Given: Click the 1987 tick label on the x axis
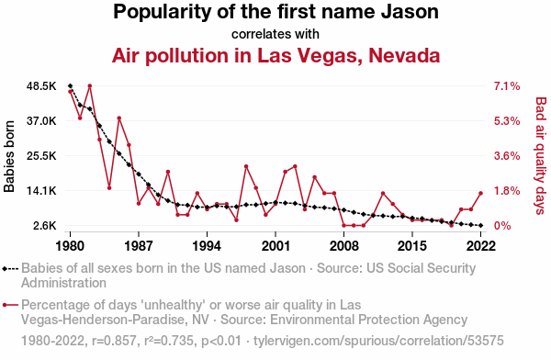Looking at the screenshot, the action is point(139,246).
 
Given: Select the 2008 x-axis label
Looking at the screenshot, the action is point(344,246).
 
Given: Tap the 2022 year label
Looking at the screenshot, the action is point(480,246).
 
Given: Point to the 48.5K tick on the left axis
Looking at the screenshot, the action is point(41,86).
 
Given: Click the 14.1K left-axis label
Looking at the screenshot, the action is point(41,191).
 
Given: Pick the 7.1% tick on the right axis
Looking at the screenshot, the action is point(507,86).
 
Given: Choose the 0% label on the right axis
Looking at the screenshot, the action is point(502,226).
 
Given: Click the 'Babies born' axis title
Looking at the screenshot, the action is point(9,156).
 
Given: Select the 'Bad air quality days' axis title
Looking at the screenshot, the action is point(541,156).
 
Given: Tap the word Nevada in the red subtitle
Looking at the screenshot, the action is point(404,55).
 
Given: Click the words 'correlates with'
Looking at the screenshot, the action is point(275,34).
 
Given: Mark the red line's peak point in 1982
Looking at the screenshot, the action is point(90,85).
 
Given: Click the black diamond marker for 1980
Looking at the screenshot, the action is point(71,85).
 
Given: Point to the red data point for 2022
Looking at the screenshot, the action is point(480,193).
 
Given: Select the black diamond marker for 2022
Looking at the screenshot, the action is point(480,225).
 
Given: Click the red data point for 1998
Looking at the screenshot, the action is point(246,166).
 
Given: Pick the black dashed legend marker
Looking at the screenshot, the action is point(10,269).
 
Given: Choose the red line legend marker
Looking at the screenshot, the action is point(10,305).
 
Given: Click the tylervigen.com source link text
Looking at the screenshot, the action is point(378,341).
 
